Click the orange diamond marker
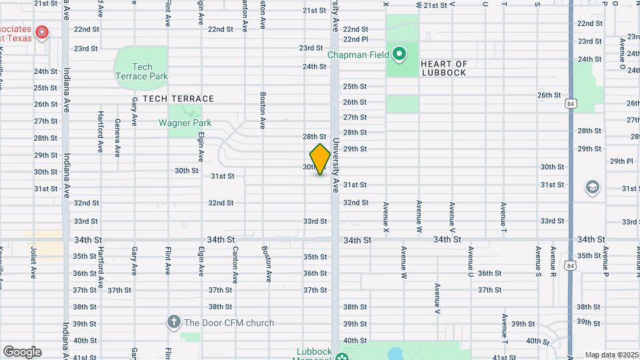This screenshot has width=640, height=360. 321,160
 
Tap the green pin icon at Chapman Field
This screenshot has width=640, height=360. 399,53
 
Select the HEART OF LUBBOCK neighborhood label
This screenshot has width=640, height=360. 444,68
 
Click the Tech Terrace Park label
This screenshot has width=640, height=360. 141,71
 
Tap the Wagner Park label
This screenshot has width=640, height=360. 185,123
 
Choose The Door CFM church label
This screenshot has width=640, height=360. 229,323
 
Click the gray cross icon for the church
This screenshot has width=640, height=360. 173,323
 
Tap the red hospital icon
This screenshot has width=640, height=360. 42,32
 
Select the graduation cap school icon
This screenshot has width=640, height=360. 592,188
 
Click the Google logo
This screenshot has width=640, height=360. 21,351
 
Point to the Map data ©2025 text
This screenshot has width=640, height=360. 611,355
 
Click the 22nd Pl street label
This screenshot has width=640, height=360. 356,39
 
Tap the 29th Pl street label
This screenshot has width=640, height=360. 621,161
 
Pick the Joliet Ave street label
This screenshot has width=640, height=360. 33,263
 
